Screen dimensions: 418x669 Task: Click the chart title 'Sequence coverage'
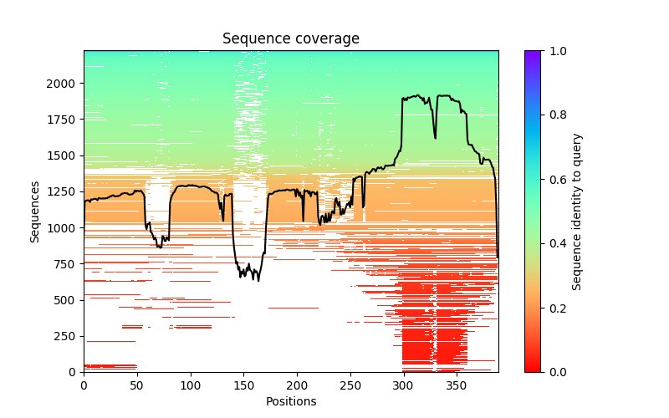(x=291, y=39)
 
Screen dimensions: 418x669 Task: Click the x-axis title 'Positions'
(x=291, y=401)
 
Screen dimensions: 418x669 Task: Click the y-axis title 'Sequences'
(x=35, y=211)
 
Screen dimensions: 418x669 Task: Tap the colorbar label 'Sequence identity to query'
(x=577, y=211)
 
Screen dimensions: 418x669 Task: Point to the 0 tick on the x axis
(x=84, y=385)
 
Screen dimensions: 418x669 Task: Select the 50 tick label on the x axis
(x=137, y=385)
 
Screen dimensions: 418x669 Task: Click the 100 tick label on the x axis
(x=191, y=385)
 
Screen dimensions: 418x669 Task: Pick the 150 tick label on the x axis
(x=243, y=385)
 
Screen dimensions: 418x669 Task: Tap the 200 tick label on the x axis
(x=297, y=385)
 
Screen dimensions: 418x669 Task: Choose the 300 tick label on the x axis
(x=404, y=385)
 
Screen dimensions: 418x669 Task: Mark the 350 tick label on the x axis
(x=457, y=385)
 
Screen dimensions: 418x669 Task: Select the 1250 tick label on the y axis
(x=63, y=192)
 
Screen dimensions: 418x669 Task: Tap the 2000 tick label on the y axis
(x=63, y=84)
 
